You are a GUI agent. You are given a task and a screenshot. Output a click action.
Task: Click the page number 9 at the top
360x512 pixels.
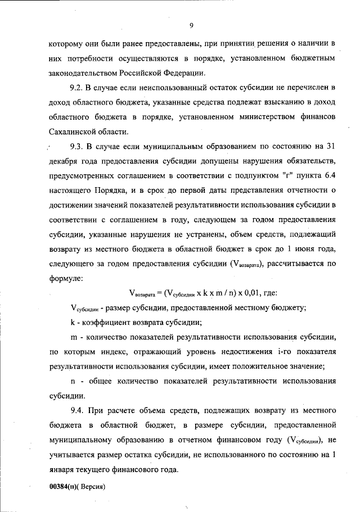point(191,25)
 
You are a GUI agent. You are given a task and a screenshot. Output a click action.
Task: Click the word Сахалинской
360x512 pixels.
point(76,132)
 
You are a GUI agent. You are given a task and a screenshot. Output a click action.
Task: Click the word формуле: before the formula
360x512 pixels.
point(66,278)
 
